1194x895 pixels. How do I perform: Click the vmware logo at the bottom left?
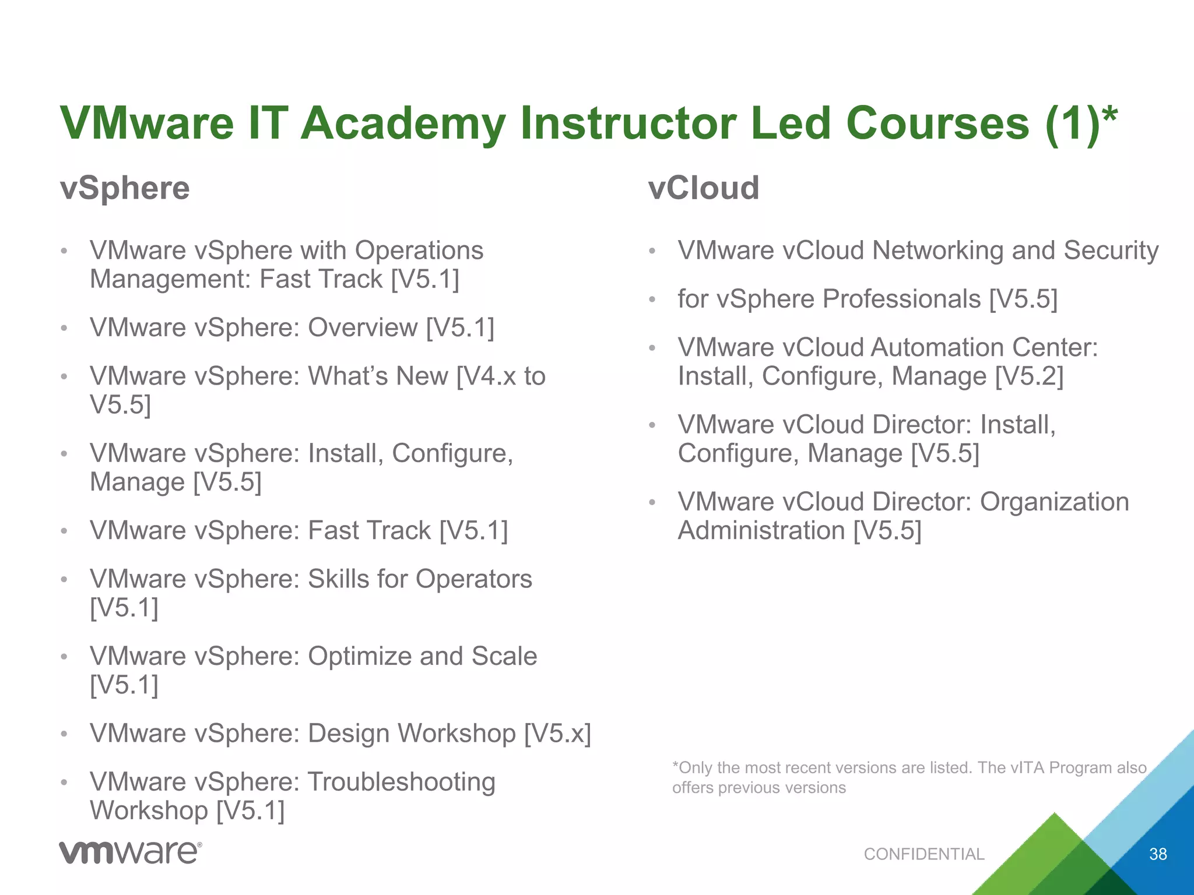(130, 852)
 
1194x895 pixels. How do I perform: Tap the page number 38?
(1158, 854)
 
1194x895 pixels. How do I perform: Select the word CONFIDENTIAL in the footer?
(924, 854)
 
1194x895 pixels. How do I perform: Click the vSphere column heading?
(125, 188)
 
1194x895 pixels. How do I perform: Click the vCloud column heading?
(704, 188)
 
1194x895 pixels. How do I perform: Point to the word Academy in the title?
(403, 124)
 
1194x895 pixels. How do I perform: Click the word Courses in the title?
(937, 124)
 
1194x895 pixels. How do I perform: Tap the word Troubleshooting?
(401, 783)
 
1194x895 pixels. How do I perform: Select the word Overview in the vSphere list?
(363, 327)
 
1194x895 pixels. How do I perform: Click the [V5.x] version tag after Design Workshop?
(557, 734)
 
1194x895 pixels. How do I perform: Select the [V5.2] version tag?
(1029, 376)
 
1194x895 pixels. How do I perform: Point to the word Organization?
(1054, 502)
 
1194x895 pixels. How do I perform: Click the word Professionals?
(901, 299)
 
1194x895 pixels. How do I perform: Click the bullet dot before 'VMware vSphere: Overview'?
(65, 328)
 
